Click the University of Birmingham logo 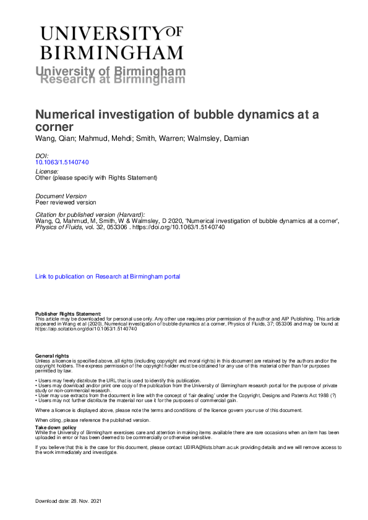click(111, 42)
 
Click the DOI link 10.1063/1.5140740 click(62, 162)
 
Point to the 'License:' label click(47, 170)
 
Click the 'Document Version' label click(61, 195)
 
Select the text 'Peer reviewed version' click(66, 202)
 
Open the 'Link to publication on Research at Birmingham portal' click(108, 277)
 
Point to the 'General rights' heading click(52, 356)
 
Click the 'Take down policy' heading click(56, 427)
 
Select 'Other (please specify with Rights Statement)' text click(96, 178)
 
